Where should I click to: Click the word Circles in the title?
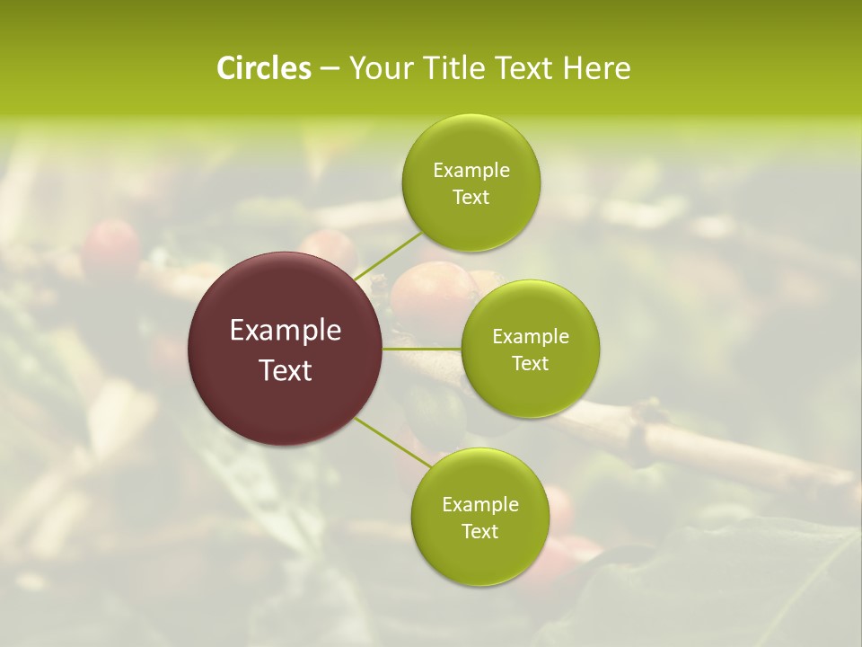(x=264, y=68)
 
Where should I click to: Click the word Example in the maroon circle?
(x=286, y=331)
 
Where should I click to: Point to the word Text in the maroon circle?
(x=286, y=370)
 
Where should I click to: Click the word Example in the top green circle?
(x=471, y=171)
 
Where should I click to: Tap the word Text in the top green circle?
(x=471, y=198)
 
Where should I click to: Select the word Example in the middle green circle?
(x=531, y=337)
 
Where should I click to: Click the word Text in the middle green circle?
(x=531, y=364)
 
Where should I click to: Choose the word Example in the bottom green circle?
(x=479, y=505)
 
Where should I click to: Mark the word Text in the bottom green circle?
(x=479, y=532)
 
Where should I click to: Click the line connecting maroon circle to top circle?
(x=388, y=255)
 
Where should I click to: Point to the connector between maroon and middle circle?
(x=422, y=349)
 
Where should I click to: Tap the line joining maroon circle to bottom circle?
(x=391, y=442)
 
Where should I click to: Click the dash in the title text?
(x=330, y=69)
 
